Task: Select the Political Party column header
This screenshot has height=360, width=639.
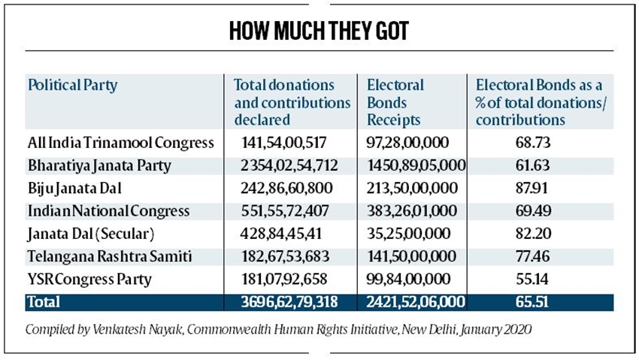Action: (x=72, y=85)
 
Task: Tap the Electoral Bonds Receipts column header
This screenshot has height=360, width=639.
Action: (x=396, y=102)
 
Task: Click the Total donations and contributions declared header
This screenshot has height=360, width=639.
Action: (x=292, y=102)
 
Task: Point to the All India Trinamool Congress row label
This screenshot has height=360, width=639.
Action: (x=120, y=142)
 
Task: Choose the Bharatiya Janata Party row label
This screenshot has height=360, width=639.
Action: (x=99, y=165)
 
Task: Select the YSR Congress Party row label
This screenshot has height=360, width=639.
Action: (x=89, y=280)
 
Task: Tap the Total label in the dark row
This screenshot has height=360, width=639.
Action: (x=44, y=302)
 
